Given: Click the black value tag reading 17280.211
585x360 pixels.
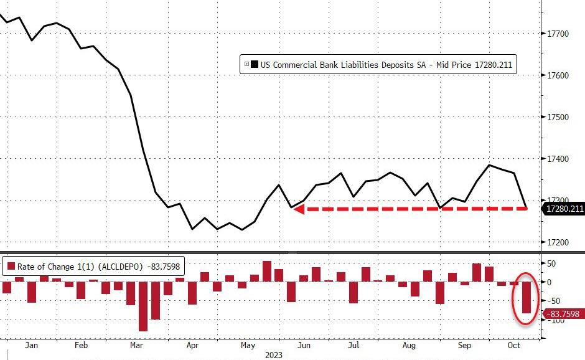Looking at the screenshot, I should pos(564,209).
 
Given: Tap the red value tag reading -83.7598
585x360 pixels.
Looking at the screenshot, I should pos(564,313).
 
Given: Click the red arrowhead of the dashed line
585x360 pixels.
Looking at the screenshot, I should pos(298,209).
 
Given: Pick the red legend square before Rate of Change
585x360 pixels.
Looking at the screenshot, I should pos(10,266).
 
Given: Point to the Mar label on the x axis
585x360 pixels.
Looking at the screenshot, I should pos(137,344).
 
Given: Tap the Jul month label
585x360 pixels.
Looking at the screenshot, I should pos(354,344).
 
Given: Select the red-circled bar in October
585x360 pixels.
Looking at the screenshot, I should pos(526,298).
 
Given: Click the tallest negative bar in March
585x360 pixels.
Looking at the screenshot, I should pos(143,306).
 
